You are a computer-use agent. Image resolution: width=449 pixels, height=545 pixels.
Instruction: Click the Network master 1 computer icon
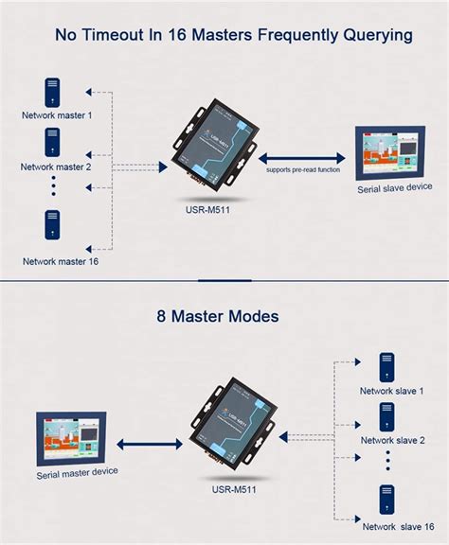click(53, 92)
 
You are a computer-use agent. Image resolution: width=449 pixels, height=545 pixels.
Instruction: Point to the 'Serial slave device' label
click(394, 187)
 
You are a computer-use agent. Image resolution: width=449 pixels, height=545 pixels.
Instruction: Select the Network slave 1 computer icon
click(386, 365)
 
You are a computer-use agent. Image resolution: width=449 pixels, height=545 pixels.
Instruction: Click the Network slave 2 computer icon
click(386, 416)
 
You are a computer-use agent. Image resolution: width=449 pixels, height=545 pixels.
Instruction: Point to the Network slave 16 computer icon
click(386, 499)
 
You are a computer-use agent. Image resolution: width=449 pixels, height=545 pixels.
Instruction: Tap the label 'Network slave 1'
click(391, 391)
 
